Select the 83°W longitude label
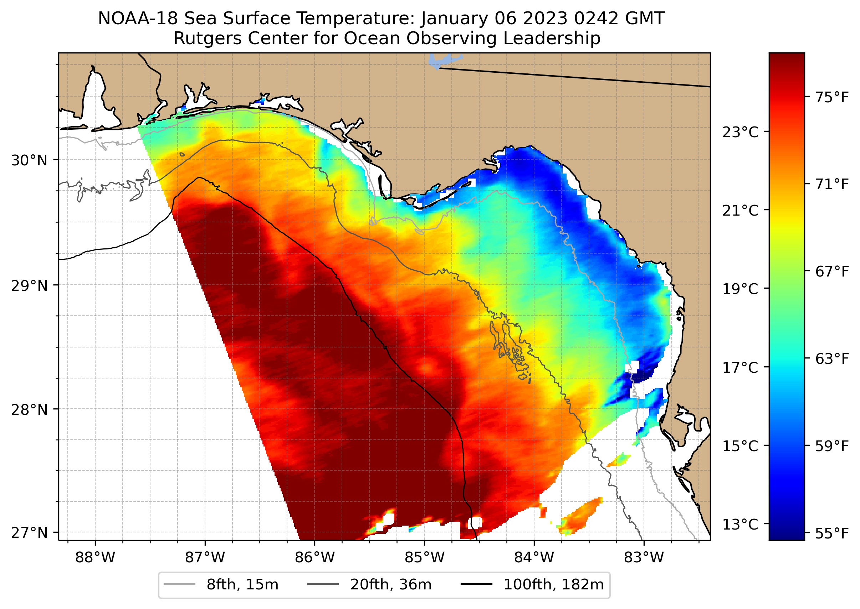point(644,558)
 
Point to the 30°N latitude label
point(29,160)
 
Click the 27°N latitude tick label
point(29,532)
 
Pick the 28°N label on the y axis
point(29,410)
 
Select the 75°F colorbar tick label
point(832,98)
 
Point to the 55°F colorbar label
point(832,533)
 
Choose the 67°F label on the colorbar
point(832,272)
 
